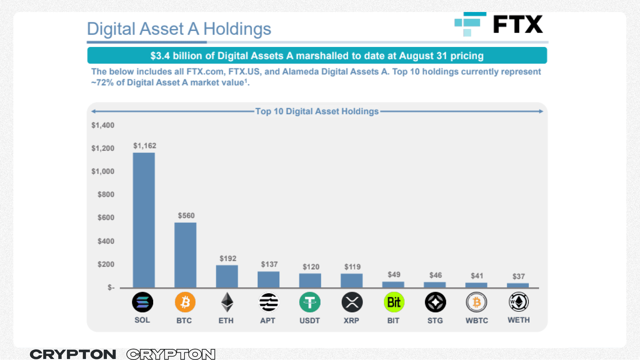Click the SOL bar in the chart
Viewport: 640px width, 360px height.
coord(144,220)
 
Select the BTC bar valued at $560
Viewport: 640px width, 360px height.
coord(185,255)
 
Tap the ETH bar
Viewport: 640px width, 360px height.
coord(227,276)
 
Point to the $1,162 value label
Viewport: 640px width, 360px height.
coord(145,146)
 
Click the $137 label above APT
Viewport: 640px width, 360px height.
coord(269,264)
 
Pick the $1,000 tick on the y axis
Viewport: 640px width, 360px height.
coord(103,171)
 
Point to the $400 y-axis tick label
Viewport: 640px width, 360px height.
coord(106,241)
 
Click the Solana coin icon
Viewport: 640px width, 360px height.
coord(143,302)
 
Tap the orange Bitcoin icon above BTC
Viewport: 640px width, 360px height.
coord(185,302)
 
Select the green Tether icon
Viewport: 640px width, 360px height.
coord(310,302)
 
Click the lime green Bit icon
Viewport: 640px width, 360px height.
coord(394,302)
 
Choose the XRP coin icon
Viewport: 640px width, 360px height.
coord(352,302)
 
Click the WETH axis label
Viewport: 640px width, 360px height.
coord(518,320)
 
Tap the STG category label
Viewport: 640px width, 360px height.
coord(435,320)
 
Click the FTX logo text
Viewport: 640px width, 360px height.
coord(518,24)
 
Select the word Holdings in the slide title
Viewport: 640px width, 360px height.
coord(237,29)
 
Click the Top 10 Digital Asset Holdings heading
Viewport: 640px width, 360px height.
coord(317,111)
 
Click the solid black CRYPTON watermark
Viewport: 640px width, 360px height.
coord(73,354)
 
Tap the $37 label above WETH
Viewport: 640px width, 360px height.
coord(518,276)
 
